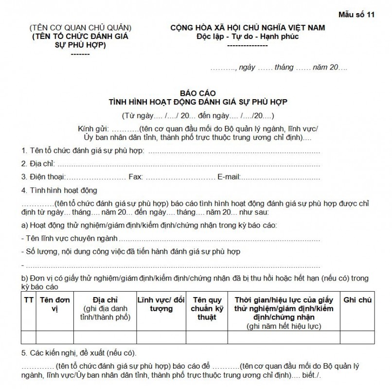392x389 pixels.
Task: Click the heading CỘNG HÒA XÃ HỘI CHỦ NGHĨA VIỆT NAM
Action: tap(248, 28)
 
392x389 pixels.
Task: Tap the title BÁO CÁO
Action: tap(197, 93)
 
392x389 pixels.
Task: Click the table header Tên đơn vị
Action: tap(55, 304)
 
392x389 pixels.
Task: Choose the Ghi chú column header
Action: tap(357, 300)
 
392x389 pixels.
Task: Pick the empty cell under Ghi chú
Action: tap(357, 337)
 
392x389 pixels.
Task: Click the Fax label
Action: tap(135, 177)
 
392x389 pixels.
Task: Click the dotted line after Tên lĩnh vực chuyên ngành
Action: tap(219, 240)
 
